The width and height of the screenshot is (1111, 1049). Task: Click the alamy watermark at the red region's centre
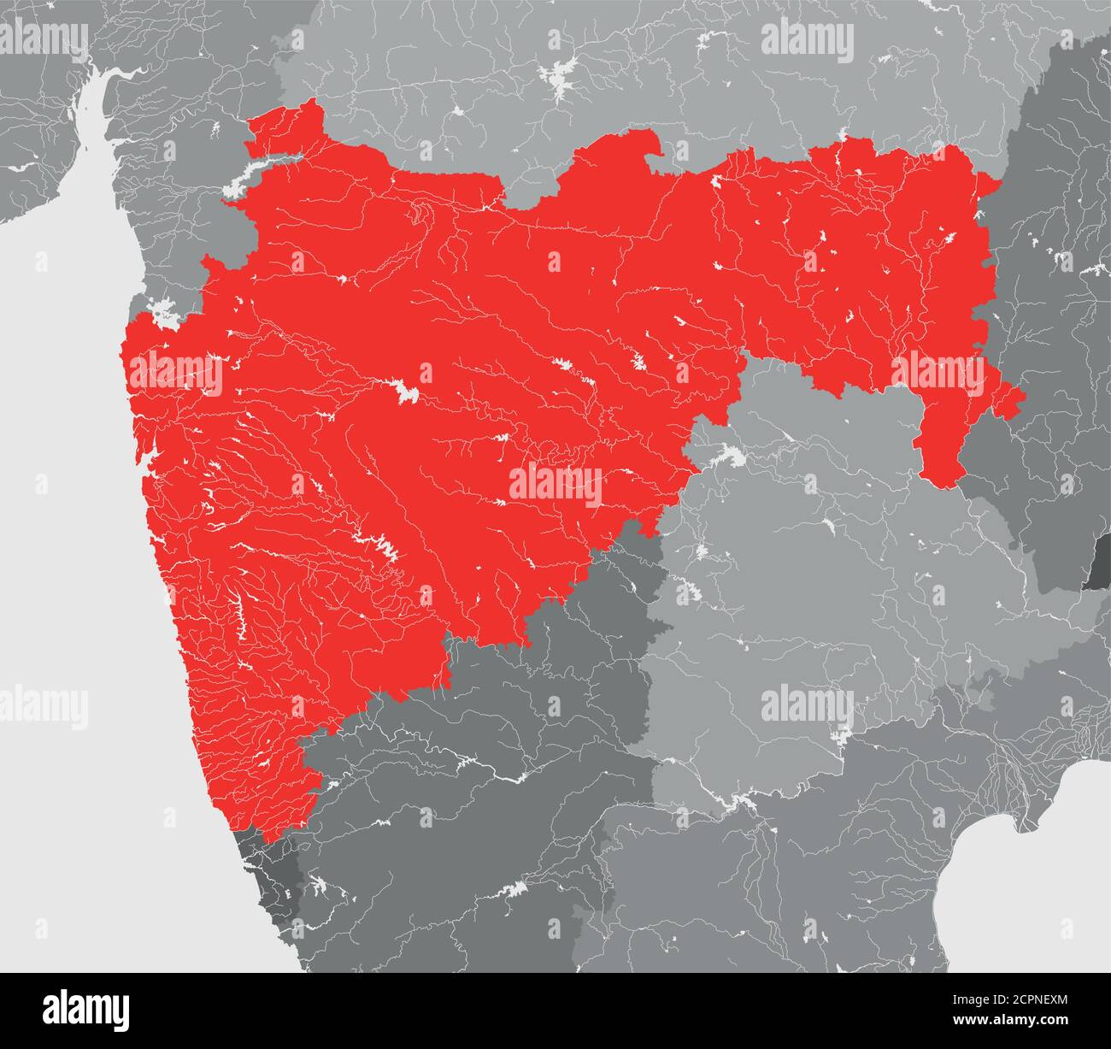pyautogui.click(x=555, y=486)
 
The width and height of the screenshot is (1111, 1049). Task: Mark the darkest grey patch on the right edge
pyautogui.click(x=1097, y=563)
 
